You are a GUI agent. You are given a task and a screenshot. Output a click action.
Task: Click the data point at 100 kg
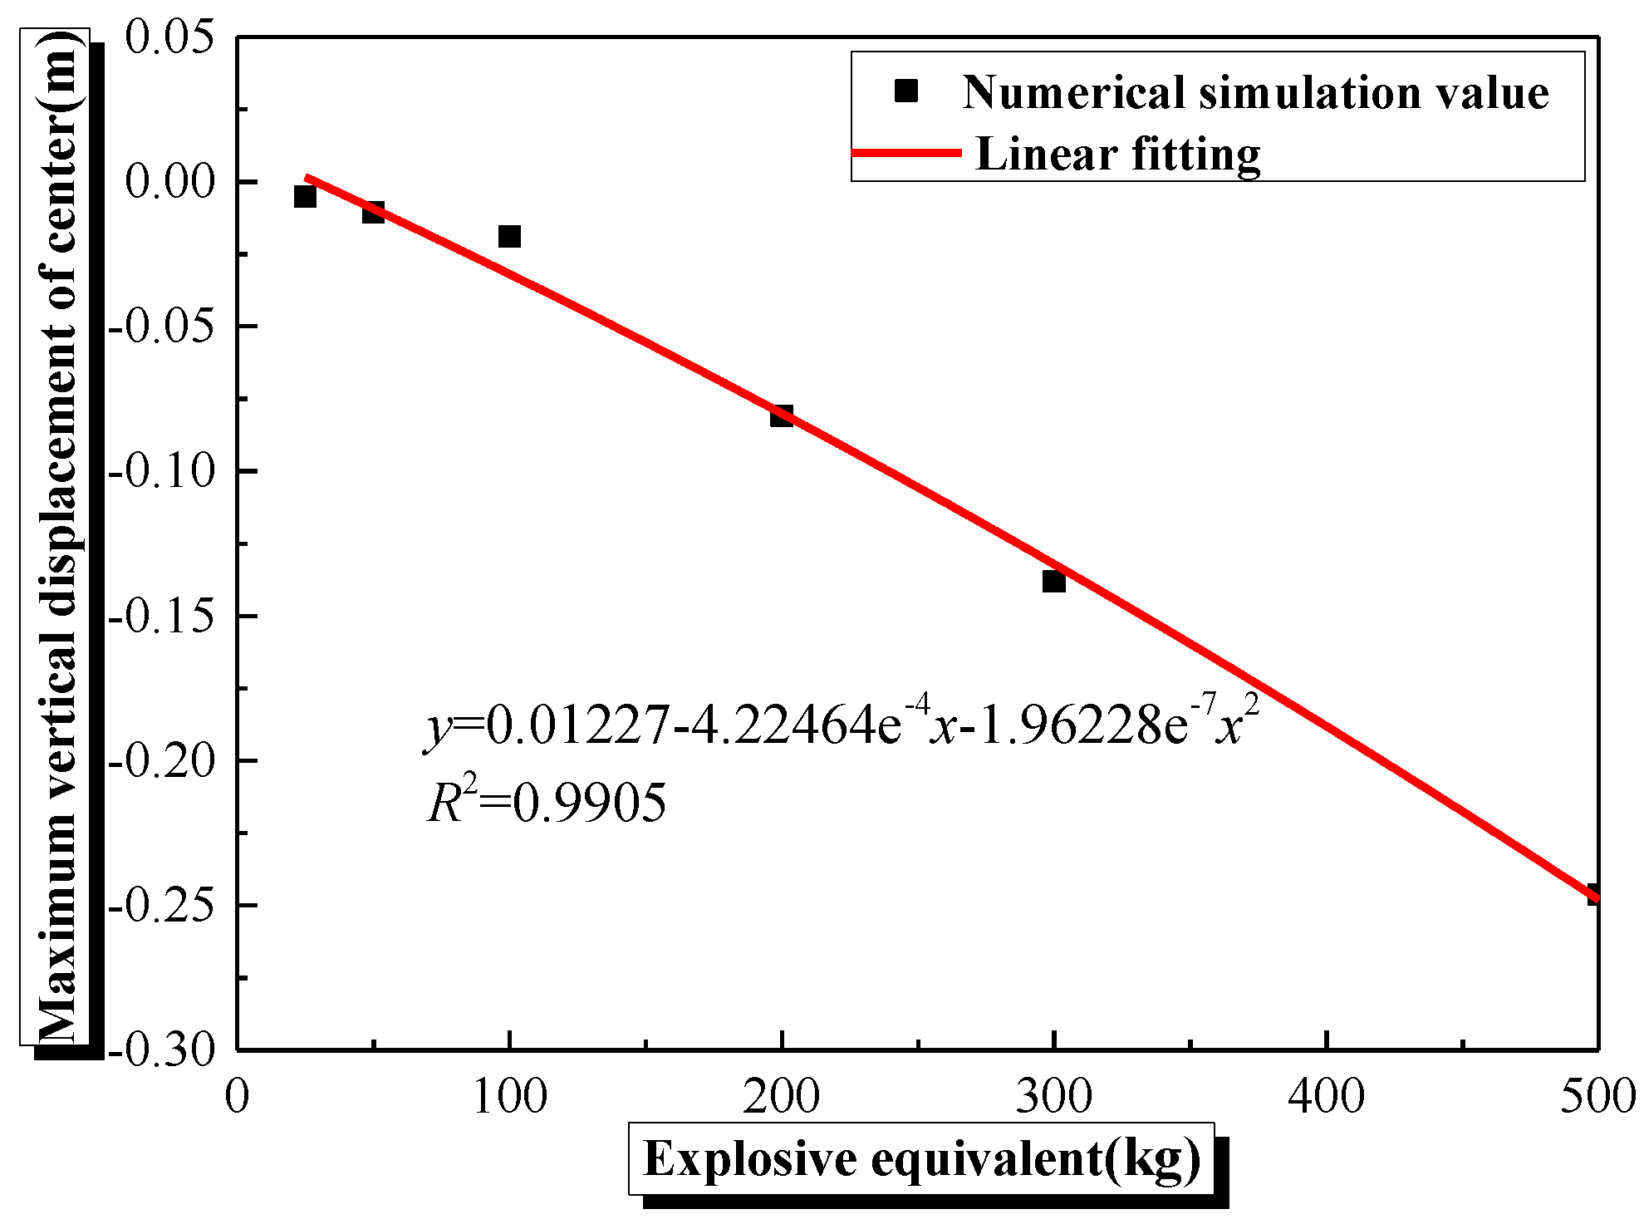(509, 237)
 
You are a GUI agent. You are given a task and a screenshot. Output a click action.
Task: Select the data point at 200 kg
(781, 415)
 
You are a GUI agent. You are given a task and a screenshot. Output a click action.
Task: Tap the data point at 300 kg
(1053, 581)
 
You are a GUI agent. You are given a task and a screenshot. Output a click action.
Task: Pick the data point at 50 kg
(373, 213)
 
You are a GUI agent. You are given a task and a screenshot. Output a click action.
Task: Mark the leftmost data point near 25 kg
(305, 197)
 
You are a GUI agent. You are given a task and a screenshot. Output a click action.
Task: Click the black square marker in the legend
(905, 91)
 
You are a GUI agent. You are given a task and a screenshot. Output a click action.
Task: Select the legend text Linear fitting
(1117, 155)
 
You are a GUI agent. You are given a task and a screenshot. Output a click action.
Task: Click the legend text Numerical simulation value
(1254, 92)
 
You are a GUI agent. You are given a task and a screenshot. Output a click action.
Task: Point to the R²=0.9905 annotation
(547, 804)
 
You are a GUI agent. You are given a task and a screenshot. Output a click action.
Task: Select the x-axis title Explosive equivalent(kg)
(921, 1159)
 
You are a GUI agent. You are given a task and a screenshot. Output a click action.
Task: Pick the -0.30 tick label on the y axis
(161, 1050)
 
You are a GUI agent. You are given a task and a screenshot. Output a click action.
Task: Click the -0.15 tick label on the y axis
(161, 617)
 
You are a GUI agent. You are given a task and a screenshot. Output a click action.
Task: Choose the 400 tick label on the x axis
(1326, 1097)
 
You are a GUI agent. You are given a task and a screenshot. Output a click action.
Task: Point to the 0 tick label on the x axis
(238, 1097)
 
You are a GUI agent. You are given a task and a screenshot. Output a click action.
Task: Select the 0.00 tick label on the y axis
(169, 182)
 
